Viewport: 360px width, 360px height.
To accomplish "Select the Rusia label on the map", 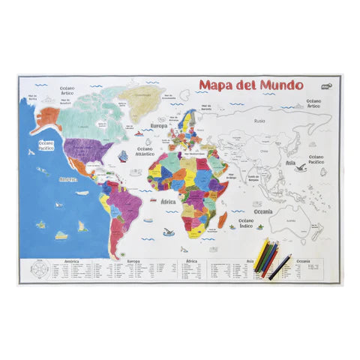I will (x=260, y=120).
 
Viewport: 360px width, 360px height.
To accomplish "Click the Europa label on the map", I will (x=158, y=126).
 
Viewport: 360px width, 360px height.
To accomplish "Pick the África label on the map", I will (x=168, y=201).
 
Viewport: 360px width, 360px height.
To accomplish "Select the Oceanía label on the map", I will (x=262, y=211).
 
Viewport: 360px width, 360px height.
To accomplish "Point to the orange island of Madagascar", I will (x=223, y=219).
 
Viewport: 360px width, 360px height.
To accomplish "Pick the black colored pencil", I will (x=280, y=265).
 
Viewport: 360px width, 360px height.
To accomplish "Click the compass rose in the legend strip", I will (x=40, y=269).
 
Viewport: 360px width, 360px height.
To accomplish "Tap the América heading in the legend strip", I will (x=72, y=262).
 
